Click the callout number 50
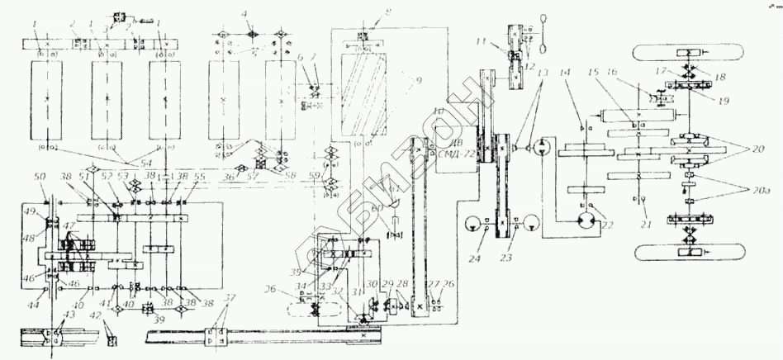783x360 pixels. tap(41, 179)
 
